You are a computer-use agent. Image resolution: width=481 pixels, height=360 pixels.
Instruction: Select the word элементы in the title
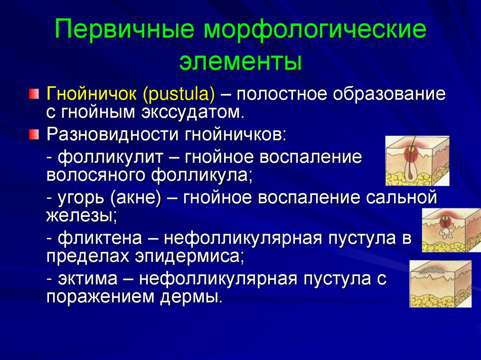[240, 61]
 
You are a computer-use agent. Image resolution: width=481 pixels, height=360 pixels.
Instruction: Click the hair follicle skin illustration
[417, 161]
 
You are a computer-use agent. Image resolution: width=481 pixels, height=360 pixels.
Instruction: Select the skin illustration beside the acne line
[451, 230]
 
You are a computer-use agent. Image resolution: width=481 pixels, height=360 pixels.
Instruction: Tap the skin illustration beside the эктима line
[440, 284]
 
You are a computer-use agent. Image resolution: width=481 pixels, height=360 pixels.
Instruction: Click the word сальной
[404, 197]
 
